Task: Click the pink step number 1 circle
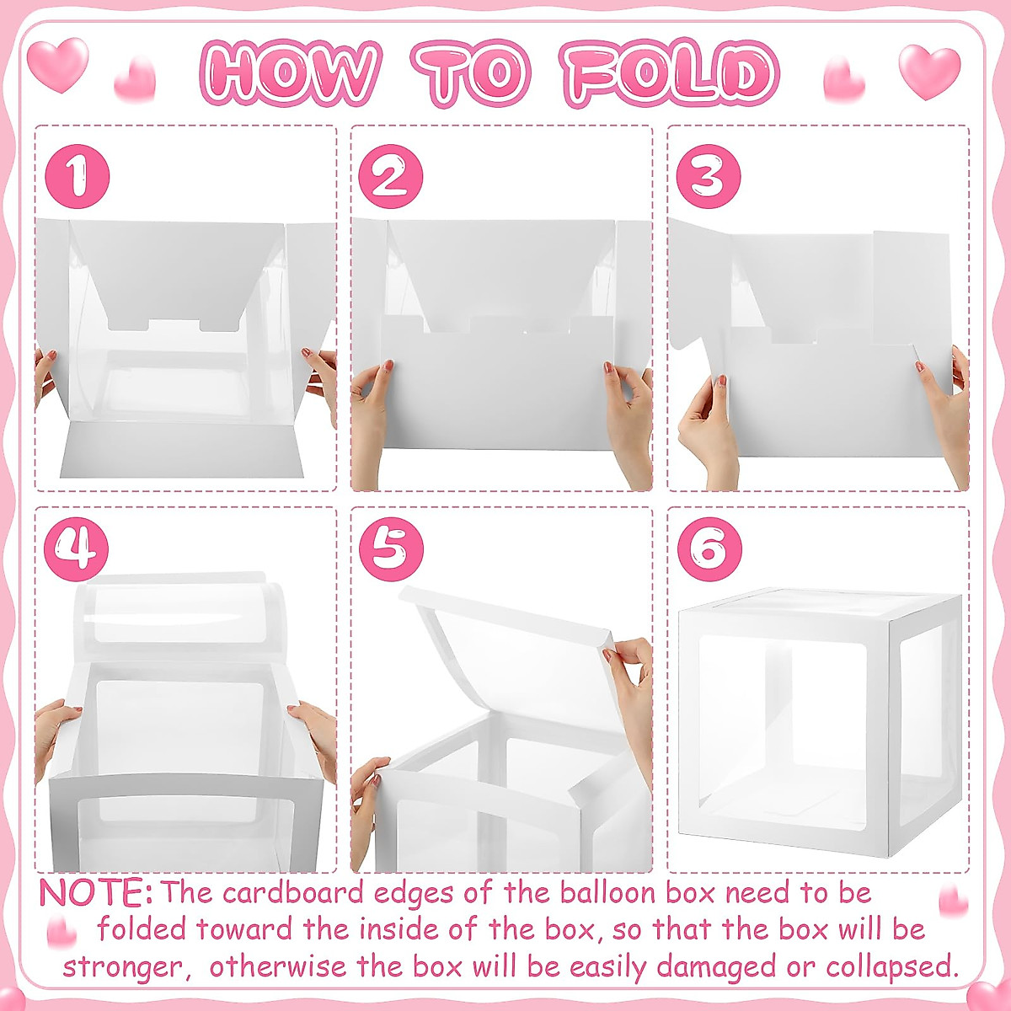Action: (x=77, y=177)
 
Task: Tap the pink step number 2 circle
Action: (x=390, y=177)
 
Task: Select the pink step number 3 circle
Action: (x=709, y=177)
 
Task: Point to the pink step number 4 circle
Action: (x=77, y=549)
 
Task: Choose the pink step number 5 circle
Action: (x=390, y=549)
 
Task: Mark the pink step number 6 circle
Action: (x=709, y=549)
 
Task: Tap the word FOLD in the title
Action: (x=670, y=72)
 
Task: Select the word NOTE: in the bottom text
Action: (x=95, y=893)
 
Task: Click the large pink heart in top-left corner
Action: (x=57, y=63)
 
